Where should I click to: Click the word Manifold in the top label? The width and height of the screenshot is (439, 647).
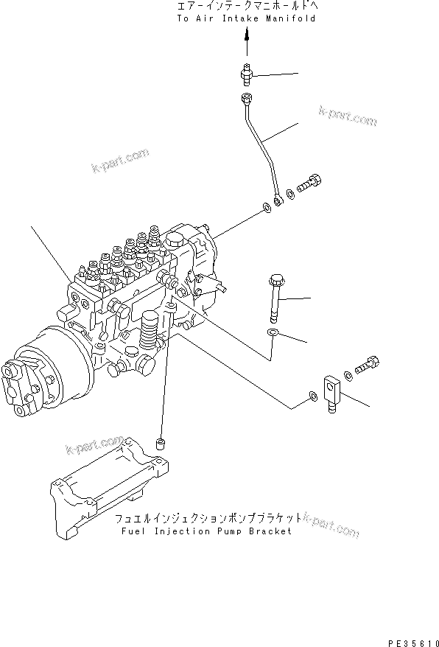[x=292, y=18]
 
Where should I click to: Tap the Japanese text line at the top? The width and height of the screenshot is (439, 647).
[x=245, y=7]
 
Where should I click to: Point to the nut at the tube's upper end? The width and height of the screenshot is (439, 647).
[x=246, y=99]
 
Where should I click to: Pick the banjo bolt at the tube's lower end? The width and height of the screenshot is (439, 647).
[x=311, y=180]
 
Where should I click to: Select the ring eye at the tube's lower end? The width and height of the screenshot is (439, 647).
[x=278, y=200]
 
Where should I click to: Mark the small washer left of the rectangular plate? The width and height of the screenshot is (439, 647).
[x=313, y=398]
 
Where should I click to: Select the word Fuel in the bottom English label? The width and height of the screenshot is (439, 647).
[x=127, y=531]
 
